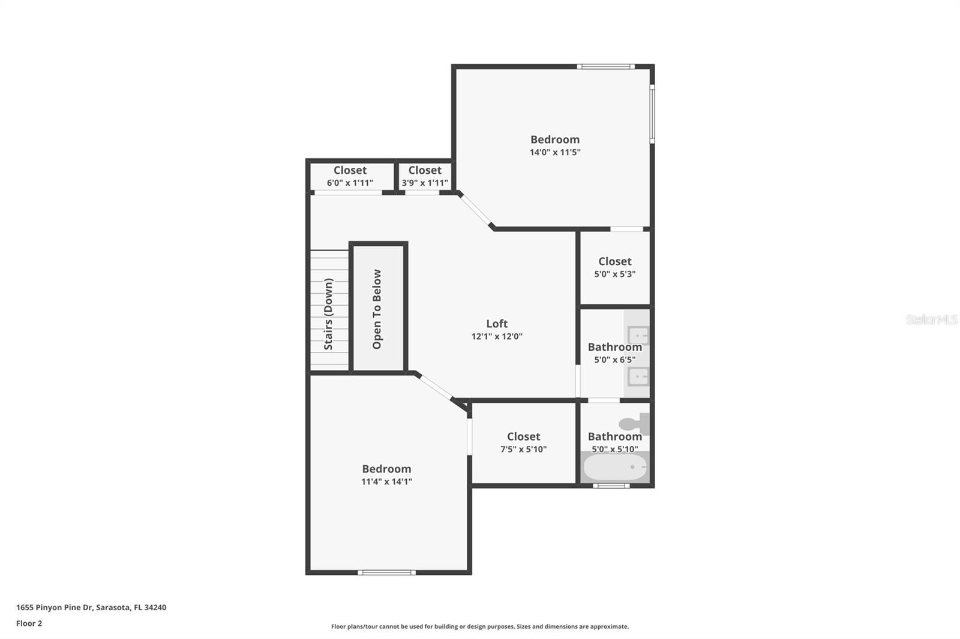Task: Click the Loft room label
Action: [497, 324]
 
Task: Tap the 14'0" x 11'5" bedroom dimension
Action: [555, 152]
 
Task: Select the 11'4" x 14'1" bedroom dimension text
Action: [386, 481]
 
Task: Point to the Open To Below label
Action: [377, 309]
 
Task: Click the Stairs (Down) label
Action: [328, 314]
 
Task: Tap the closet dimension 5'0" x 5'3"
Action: [615, 274]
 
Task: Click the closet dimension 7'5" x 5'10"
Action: [524, 449]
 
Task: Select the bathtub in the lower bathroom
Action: [615, 467]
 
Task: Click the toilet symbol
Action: [634, 424]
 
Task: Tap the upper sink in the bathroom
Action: [638, 335]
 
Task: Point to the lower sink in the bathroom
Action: [638, 376]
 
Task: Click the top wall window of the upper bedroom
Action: [605, 67]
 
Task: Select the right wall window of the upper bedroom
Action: [652, 113]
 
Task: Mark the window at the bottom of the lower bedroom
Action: [386, 572]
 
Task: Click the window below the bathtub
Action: [611, 486]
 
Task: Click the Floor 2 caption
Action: [29, 623]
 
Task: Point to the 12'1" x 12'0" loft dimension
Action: [497, 337]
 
